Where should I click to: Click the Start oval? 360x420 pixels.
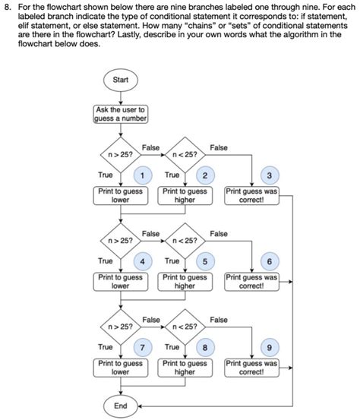point(120,81)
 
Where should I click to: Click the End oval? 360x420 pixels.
point(120,406)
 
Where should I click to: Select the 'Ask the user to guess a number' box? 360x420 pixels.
point(120,114)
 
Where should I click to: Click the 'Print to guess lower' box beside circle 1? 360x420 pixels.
point(120,195)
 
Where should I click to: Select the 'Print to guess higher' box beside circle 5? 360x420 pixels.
point(185,282)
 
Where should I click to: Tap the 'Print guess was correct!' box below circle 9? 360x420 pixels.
point(252,368)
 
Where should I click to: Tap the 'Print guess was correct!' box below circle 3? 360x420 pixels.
point(252,195)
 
